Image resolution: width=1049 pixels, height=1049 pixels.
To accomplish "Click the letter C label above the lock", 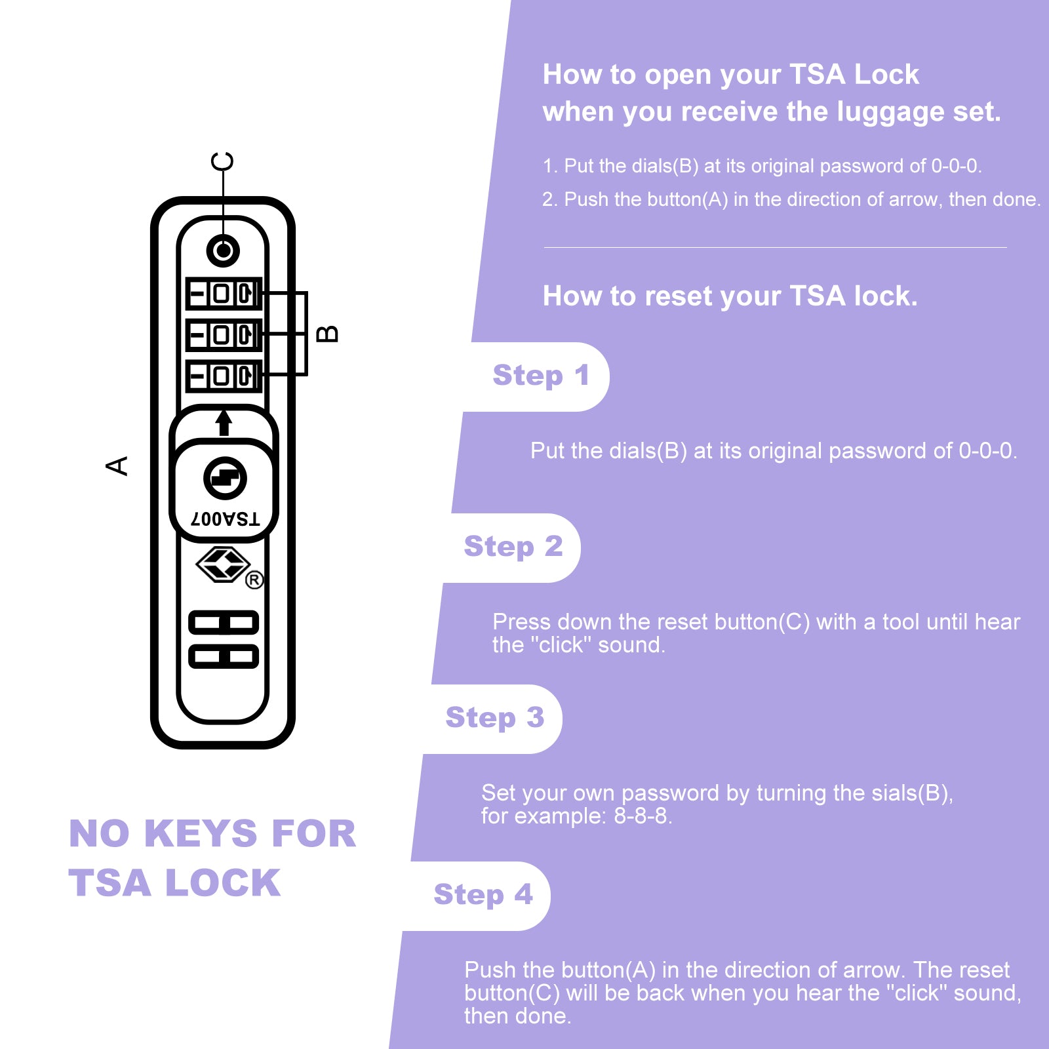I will coord(222,161).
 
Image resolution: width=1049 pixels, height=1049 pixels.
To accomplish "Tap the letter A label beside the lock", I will coord(117,465).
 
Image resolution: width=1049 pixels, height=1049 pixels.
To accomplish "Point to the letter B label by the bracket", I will coord(327,334).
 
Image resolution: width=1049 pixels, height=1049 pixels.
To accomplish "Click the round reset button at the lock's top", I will coord(223,250).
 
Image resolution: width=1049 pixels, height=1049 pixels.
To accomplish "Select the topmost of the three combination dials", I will coord(224,293).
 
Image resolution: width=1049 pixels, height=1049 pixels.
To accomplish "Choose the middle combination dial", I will coord(224,335).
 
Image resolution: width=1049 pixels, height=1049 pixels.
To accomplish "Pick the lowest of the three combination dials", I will coord(224,376).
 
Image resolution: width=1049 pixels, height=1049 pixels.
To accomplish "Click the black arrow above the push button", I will coord(224,422).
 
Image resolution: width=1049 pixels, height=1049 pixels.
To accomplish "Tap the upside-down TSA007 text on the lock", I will coord(225,519).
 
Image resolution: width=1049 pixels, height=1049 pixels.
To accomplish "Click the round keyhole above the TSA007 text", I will coord(225,478).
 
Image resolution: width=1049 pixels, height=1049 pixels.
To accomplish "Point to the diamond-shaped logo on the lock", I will coord(223,564).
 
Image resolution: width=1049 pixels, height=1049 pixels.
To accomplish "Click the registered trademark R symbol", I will coord(254,580).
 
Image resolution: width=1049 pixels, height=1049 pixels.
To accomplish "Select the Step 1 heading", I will coord(541,376).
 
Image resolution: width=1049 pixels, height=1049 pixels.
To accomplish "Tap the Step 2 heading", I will coord(513,547).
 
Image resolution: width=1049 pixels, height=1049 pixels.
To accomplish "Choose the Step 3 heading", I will coord(494,718).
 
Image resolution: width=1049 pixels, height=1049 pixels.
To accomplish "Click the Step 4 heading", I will coord(483,895).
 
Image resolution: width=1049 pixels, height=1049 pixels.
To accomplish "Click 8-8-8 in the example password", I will coord(642,816).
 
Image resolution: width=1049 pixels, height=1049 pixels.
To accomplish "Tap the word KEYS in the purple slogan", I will coord(201,834).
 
